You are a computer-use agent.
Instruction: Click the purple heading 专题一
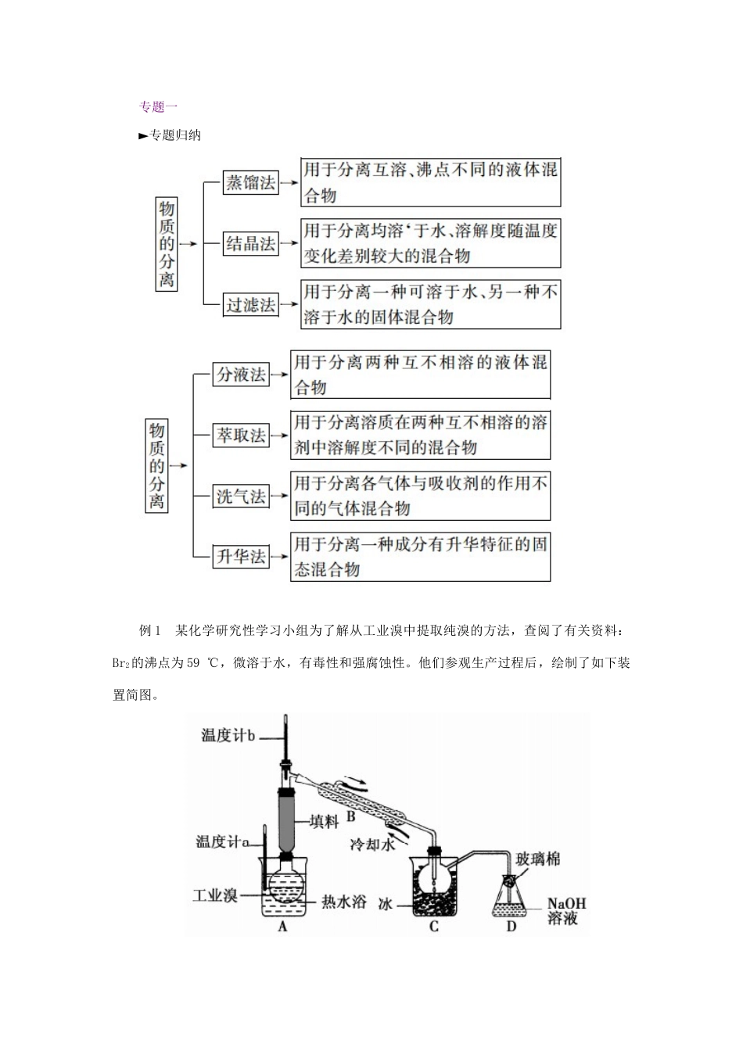(x=158, y=106)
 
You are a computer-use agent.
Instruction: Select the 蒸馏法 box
(x=250, y=183)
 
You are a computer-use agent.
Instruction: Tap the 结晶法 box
(x=250, y=244)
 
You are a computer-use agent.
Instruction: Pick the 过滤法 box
(x=250, y=304)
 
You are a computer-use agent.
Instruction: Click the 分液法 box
(x=241, y=375)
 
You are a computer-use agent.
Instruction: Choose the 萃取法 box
(x=241, y=436)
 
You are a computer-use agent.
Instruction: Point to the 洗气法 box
(x=241, y=496)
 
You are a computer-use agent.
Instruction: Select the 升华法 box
(x=241, y=557)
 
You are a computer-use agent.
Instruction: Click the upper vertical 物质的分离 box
(x=167, y=244)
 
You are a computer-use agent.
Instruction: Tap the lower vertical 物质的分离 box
(x=157, y=465)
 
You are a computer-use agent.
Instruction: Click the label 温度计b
(x=228, y=735)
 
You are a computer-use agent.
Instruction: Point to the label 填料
(x=324, y=820)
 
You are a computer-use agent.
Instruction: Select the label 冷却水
(x=372, y=845)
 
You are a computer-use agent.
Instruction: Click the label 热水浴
(x=345, y=902)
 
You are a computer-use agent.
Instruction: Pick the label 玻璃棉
(x=538, y=859)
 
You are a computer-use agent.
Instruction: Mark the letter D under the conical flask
(x=511, y=927)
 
